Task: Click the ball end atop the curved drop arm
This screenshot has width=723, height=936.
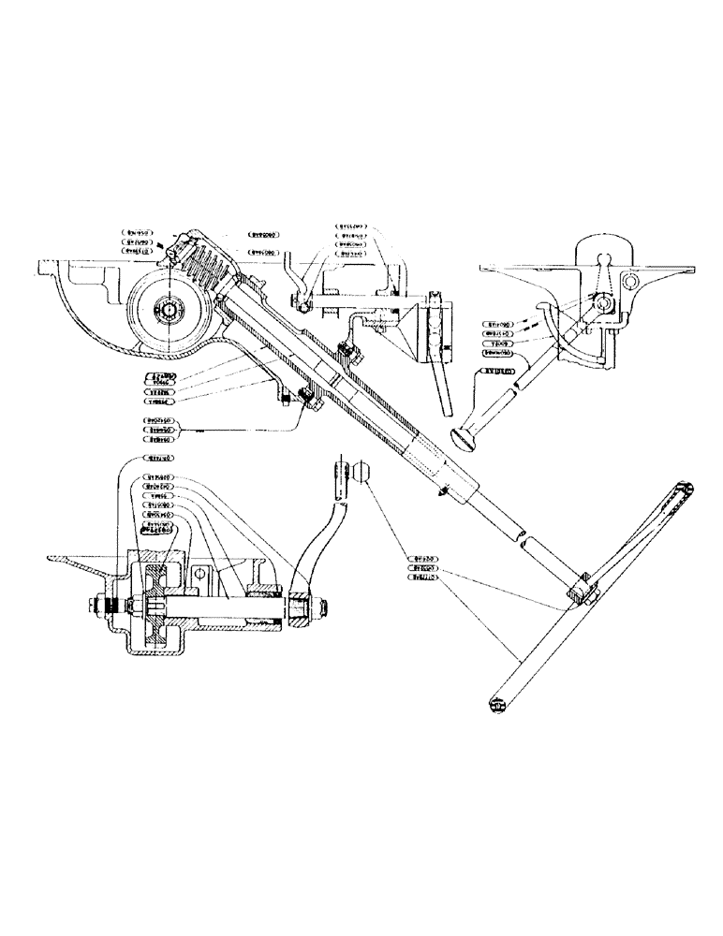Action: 362,473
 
